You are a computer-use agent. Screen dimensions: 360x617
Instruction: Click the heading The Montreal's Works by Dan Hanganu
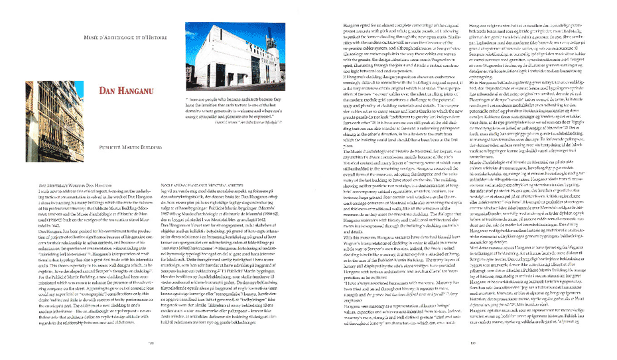click(x=76, y=185)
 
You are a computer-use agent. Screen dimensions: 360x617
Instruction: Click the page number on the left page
click(x=152, y=343)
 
